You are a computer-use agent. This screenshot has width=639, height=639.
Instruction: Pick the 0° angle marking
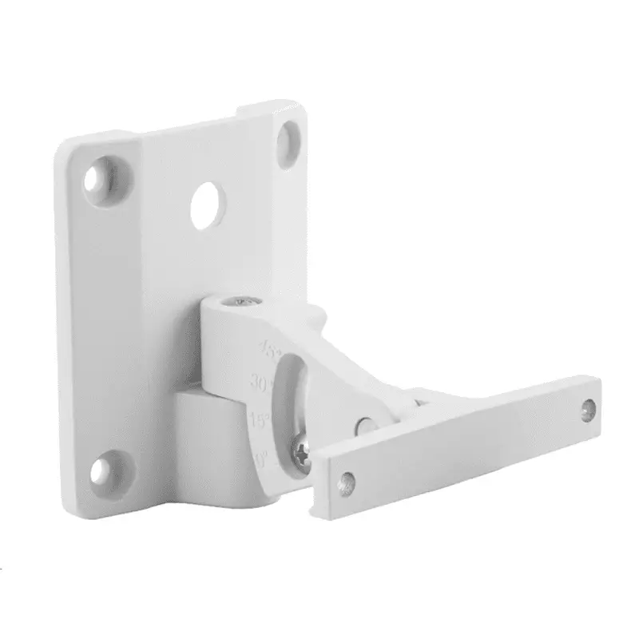tap(261, 458)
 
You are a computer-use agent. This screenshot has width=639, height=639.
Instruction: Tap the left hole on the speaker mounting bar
tap(347, 483)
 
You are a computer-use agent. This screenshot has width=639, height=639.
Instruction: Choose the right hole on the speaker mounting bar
tap(589, 409)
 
